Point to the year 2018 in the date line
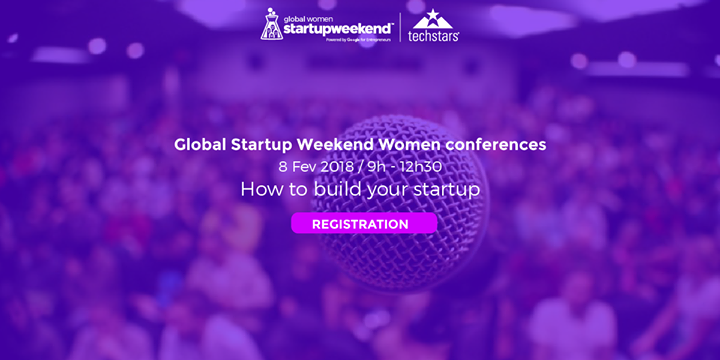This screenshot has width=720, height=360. pyautogui.click(x=337, y=166)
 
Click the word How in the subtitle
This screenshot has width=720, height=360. pyautogui.click(x=259, y=189)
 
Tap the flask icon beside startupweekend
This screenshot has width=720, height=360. pyautogui.click(x=271, y=25)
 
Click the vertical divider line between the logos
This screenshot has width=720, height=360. pyautogui.click(x=401, y=26)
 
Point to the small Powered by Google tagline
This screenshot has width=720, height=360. pyautogui.click(x=355, y=39)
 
